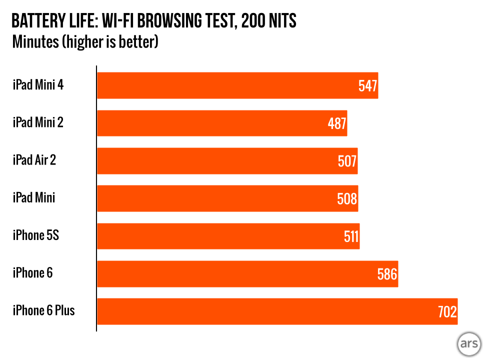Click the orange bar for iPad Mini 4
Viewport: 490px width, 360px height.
click(x=225, y=85)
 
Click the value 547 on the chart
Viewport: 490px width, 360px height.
click(x=368, y=86)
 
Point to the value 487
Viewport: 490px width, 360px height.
click(x=337, y=123)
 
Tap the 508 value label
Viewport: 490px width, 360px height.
click(x=347, y=199)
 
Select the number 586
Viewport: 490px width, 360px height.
click(x=387, y=274)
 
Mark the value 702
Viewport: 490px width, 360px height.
click(x=447, y=312)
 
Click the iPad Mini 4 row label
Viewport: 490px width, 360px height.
click(x=38, y=85)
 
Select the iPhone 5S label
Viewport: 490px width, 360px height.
click(x=36, y=235)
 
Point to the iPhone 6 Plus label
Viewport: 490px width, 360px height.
click(x=43, y=310)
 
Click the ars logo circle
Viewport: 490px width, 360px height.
click(x=469, y=344)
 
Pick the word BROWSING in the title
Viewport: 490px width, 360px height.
click(x=170, y=21)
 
